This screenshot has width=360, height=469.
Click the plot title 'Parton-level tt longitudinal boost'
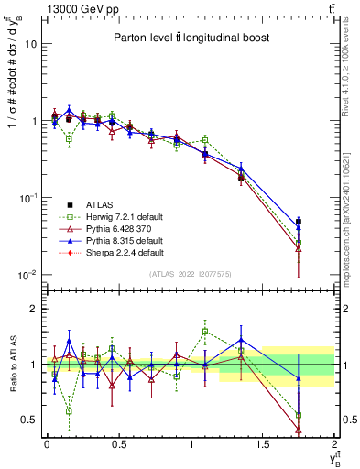tap(189, 38)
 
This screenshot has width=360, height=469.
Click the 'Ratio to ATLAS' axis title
tap(12, 365)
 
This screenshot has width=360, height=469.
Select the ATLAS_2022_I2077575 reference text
tap(190, 274)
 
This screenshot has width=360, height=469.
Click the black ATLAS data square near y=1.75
tap(299, 222)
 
